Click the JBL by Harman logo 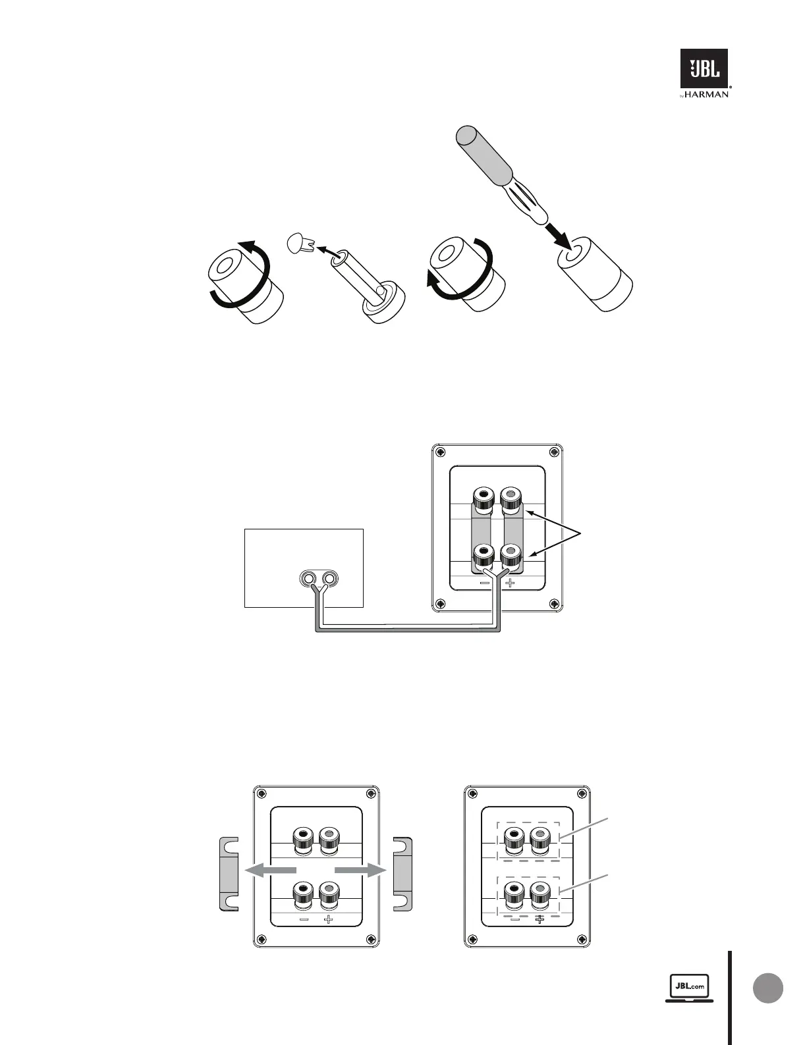[704, 73]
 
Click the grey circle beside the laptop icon [767, 988]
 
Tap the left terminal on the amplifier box [307, 579]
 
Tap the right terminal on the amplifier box [329, 579]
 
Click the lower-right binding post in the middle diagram [511, 556]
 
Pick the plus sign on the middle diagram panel [510, 583]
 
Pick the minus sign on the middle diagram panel [485, 583]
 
